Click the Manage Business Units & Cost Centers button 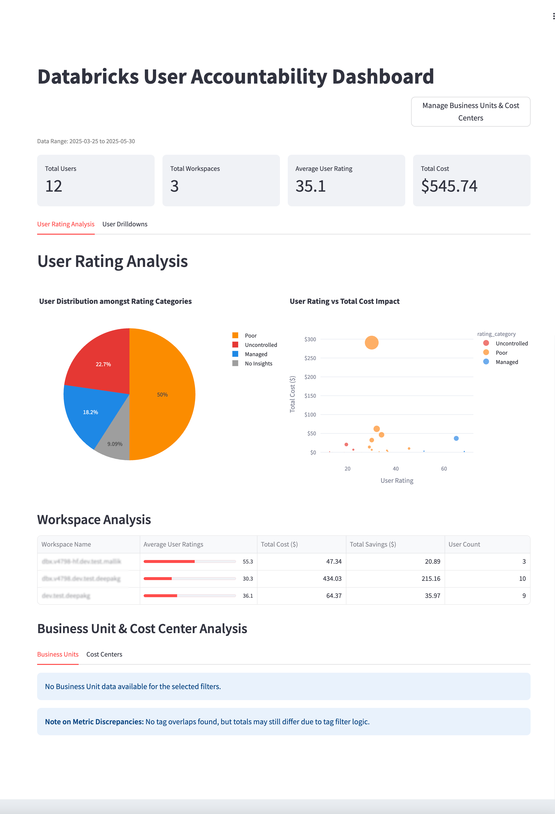[x=470, y=112]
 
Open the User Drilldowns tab [x=125, y=224]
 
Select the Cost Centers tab [x=104, y=654]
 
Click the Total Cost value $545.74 [x=449, y=186]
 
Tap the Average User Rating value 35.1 [x=310, y=186]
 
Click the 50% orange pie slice [x=162, y=394]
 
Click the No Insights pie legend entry [x=258, y=363]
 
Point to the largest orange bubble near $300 [x=371, y=342]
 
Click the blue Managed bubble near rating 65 [x=456, y=438]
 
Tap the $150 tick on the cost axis [x=310, y=396]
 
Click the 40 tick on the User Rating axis [x=395, y=469]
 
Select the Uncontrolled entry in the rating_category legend [x=511, y=343]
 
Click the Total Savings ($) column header [x=373, y=544]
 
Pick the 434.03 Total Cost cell [x=332, y=579]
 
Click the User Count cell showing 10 [x=522, y=579]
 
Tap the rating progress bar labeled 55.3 [x=189, y=561]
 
